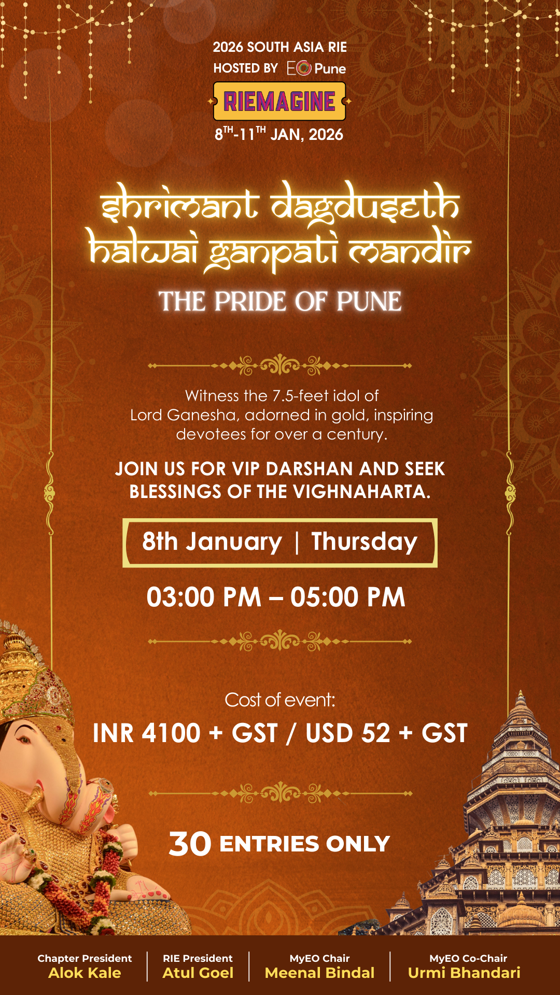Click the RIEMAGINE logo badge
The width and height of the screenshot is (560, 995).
(279, 101)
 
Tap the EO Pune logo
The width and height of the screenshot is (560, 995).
(316, 68)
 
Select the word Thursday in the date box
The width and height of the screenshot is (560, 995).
(364, 542)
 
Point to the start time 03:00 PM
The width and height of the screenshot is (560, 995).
(204, 597)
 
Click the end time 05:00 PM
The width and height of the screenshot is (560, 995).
(347, 597)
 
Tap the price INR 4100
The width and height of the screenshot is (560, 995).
(147, 733)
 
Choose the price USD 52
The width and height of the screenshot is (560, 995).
(347, 733)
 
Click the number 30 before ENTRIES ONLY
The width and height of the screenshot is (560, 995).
(190, 844)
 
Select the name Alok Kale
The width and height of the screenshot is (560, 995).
(85, 973)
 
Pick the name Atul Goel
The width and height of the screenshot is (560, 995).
(198, 973)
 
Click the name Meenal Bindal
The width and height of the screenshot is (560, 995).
(319, 973)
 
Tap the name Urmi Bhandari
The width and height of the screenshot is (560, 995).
(464, 973)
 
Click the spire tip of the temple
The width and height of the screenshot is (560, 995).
(521, 692)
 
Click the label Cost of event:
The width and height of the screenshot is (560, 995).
(280, 700)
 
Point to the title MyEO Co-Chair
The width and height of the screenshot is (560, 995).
(468, 958)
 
